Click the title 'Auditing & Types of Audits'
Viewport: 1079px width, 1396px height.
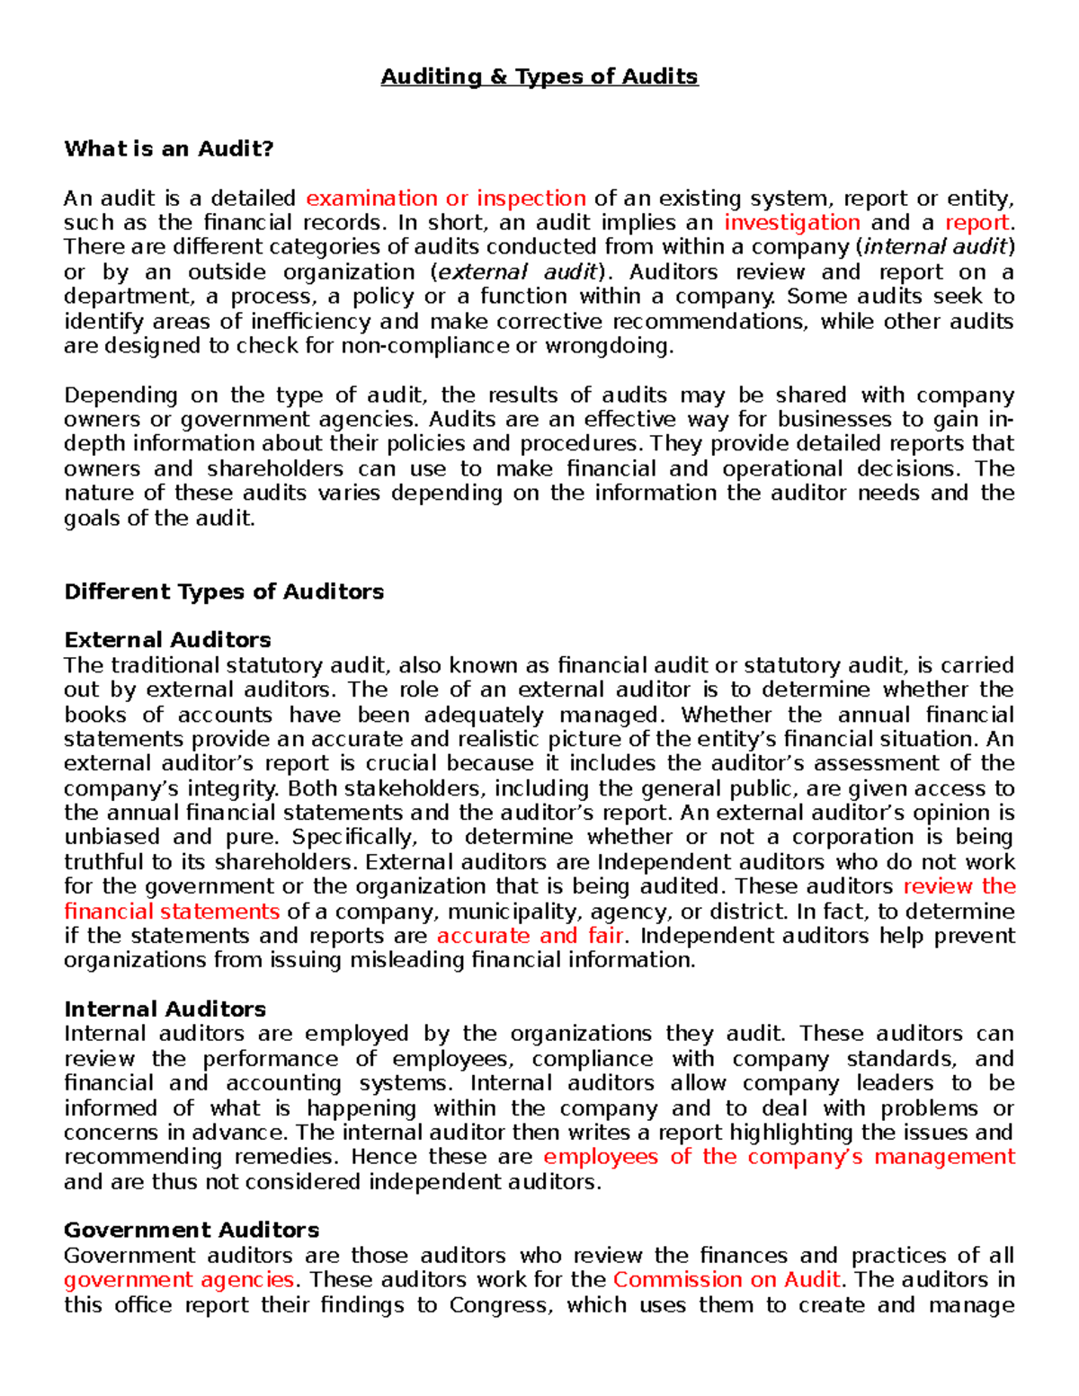point(539,77)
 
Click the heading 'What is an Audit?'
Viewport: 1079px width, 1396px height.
point(168,149)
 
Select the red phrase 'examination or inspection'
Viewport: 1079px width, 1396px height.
point(446,199)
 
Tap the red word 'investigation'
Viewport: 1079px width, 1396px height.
point(791,223)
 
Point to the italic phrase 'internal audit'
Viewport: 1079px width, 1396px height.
point(935,247)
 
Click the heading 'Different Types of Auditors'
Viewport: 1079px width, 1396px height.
point(224,591)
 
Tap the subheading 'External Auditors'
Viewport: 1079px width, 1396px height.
point(167,640)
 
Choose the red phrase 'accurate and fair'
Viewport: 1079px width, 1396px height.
point(530,936)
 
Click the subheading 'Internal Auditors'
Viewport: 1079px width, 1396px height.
point(165,1009)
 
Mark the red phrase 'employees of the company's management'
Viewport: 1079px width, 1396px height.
point(779,1157)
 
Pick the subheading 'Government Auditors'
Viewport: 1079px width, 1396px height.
point(192,1230)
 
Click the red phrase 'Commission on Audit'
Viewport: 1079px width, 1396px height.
point(726,1280)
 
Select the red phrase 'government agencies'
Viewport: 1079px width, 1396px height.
point(179,1280)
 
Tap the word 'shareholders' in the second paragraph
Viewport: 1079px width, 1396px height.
point(275,469)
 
